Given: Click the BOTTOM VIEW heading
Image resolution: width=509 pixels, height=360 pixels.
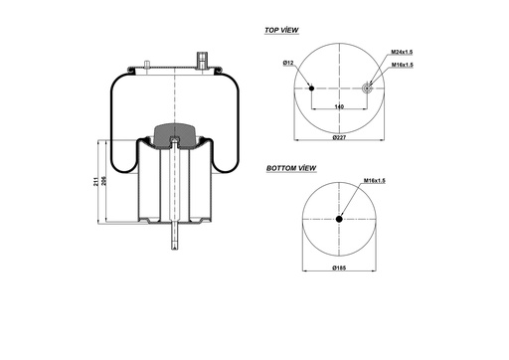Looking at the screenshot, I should click(291, 170).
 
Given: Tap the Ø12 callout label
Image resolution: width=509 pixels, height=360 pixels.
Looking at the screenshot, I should click(288, 64).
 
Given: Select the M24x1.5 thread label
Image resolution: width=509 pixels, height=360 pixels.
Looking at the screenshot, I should click(403, 52).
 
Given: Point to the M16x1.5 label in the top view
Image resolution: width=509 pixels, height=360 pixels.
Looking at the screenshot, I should click(403, 64).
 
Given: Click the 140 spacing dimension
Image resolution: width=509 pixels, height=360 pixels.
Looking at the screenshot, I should click(339, 105).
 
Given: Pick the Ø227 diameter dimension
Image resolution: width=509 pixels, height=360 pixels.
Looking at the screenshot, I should click(340, 136).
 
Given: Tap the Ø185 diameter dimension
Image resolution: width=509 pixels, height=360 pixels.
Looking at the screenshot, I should click(340, 268).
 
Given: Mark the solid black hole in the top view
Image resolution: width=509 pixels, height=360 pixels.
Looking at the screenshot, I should click(312, 89).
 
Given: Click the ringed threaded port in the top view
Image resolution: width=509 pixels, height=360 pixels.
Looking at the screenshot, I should click(367, 89).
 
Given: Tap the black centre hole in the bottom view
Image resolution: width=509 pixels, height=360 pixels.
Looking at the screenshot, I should click(340, 220).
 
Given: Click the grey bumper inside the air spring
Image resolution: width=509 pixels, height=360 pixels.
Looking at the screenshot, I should click(175, 134).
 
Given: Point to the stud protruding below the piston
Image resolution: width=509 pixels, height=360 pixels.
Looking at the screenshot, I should click(175, 239).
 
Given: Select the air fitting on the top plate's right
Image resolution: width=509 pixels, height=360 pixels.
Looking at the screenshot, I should click(204, 61).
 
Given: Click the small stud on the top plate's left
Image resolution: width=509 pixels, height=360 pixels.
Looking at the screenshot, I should click(146, 67).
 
